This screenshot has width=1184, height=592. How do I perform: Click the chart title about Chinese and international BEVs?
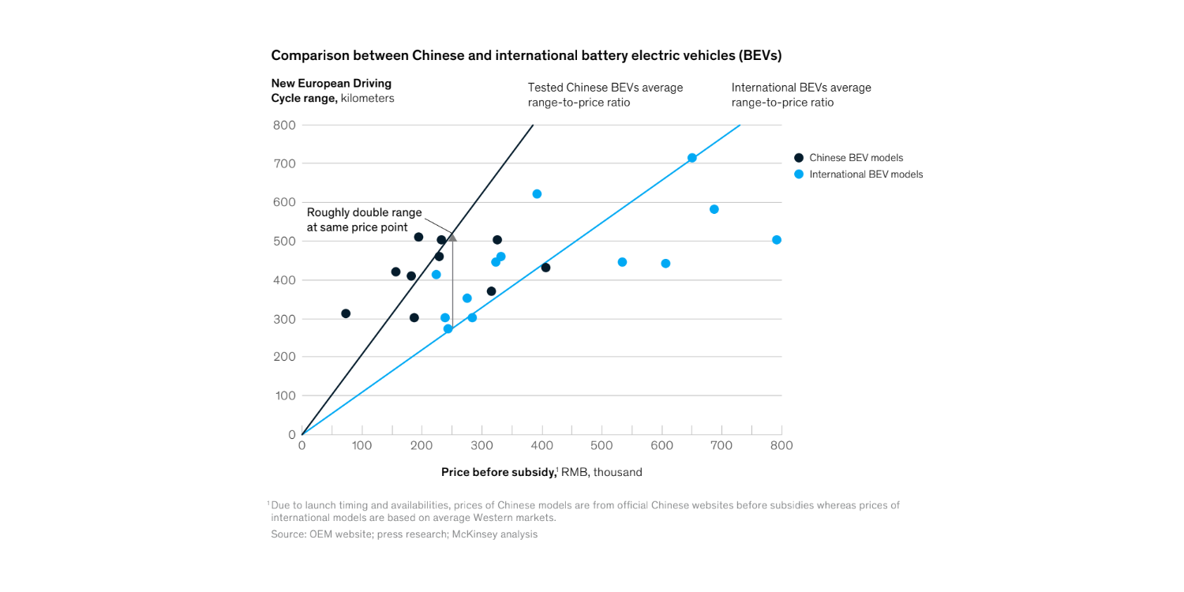pos(526,55)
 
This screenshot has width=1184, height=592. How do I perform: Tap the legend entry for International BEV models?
pos(865,174)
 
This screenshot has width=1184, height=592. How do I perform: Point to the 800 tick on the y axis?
pos(285,125)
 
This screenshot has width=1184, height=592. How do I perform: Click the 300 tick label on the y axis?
pos(285,319)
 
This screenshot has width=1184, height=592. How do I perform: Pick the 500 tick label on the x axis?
pos(601,446)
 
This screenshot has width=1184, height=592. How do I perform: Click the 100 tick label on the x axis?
pos(362,446)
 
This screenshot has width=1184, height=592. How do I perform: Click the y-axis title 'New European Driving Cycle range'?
pos(332,91)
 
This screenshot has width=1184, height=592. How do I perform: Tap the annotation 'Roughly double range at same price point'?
pos(364,220)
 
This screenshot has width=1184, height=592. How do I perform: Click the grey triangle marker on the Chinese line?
pos(452,237)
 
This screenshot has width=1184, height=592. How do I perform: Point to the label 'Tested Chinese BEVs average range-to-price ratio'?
pos(605,95)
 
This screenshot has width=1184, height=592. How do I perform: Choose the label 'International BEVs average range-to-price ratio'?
pos(800,95)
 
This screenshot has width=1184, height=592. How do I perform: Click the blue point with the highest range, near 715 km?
pos(691,158)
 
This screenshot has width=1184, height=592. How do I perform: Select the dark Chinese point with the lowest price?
pos(346,313)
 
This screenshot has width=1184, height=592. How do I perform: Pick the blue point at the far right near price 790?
pos(777,240)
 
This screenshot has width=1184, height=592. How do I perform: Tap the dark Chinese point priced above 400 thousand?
pos(545,268)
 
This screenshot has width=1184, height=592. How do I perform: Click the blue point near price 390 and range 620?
pos(537,194)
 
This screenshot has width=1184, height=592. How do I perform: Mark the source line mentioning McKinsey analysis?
pos(403,534)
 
